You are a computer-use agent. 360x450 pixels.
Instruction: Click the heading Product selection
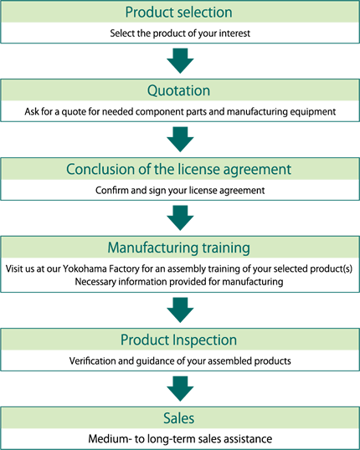pos(178,13)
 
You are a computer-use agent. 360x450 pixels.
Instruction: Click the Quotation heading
pos(178,90)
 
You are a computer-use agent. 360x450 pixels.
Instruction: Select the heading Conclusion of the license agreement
pos(178,169)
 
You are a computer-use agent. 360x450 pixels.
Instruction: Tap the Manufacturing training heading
pos(178,248)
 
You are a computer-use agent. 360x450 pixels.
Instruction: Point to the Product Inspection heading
pos(178,340)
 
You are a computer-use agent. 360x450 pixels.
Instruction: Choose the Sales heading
pos(178,418)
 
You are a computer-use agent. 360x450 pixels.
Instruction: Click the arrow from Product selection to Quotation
pos(180,60)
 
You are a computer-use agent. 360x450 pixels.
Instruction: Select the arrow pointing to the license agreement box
pos(180,139)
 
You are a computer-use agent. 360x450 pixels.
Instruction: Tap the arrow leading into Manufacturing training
pos(180,217)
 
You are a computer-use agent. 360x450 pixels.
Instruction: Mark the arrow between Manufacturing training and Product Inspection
pos(180,310)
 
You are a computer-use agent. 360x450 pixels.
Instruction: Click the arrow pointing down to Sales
pos(180,389)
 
